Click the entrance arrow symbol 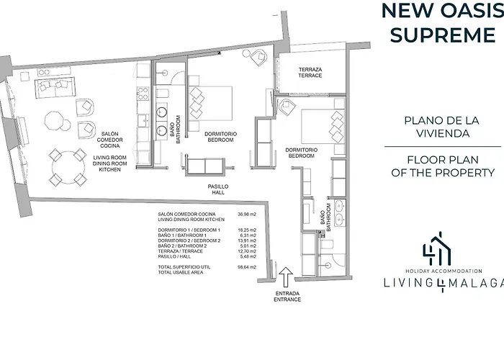[285, 276]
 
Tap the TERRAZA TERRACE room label [310, 72]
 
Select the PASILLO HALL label [218, 189]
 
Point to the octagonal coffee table [54, 120]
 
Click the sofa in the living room [55, 87]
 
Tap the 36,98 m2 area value [247, 214]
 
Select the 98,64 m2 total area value [247, 267]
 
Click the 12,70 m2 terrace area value [247, 251]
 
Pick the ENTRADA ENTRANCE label [287, 297]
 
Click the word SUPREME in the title [443, 35]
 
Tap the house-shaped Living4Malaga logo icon [437, 248]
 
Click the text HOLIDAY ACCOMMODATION [444, 271]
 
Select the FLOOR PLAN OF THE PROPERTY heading [443, 166]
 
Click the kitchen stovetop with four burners [143, 94]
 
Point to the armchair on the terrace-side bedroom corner [287, 107]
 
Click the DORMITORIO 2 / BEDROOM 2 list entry [189, 240]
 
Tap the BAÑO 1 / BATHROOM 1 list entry [182, 235]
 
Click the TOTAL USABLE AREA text [181, 273]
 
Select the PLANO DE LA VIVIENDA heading [442, 127]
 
